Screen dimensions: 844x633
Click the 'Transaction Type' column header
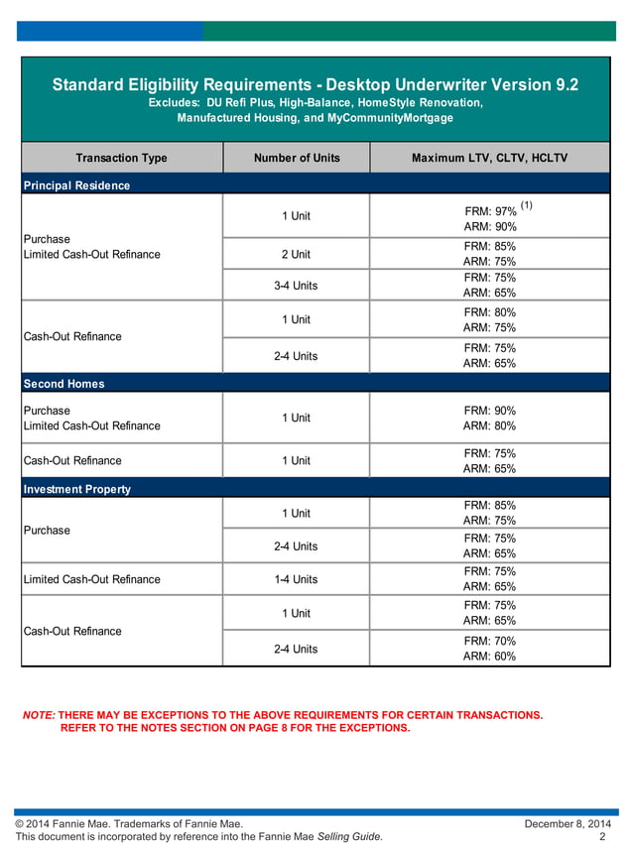coord(121,158)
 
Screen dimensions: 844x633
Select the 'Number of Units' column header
coord(297,158)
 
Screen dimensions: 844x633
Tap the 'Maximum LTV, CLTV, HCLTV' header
coord(489,158)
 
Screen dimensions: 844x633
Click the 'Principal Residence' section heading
coord(77,185)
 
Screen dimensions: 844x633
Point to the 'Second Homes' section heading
coord(63,384)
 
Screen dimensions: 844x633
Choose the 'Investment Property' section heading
coord(76,489)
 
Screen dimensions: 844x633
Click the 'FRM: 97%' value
coord(489,212)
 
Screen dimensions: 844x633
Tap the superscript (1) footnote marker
coord(526,206)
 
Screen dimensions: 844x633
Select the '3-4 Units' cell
coord(296,286)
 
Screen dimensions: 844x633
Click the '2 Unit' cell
coord(296,254)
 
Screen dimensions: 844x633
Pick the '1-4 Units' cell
coord(296,579)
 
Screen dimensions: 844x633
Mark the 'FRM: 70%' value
coord(489,642)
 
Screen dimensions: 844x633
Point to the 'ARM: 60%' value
coord(489,657)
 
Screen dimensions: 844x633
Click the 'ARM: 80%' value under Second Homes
coord(489,426)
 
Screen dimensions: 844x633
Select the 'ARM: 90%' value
coord(489,227)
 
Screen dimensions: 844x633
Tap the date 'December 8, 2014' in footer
coord(568,824)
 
